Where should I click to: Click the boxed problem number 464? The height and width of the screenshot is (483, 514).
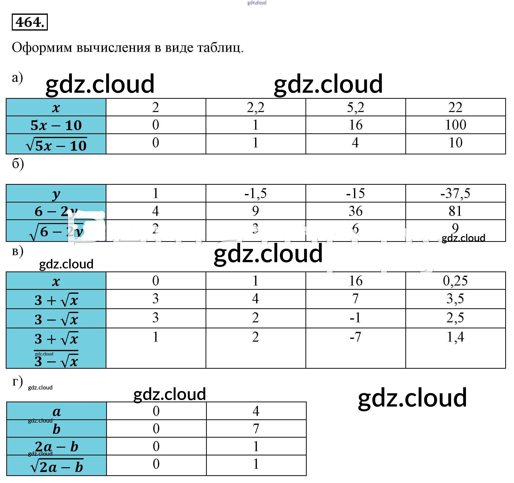30,22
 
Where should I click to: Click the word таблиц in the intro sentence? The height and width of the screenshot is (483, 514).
220,48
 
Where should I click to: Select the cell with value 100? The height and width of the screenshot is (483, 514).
455,125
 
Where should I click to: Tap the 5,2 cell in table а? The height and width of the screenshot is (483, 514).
356,107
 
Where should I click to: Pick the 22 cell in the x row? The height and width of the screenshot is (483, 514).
455,107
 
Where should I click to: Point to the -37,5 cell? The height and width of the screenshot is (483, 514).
455,193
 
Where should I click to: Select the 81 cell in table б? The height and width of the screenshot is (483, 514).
455,211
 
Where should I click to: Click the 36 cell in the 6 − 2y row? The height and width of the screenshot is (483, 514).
356,211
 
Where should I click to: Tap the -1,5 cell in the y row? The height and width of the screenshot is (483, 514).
255,193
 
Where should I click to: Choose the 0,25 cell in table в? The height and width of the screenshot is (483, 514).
455,281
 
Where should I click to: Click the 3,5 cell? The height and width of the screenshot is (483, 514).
455,299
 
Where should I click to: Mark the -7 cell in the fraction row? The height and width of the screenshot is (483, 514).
356,337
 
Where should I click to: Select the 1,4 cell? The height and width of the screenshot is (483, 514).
455,337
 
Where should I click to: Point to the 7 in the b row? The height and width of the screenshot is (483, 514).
256,429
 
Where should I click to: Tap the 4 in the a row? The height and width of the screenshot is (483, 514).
256,411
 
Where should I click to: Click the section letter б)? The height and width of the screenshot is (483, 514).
18,164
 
